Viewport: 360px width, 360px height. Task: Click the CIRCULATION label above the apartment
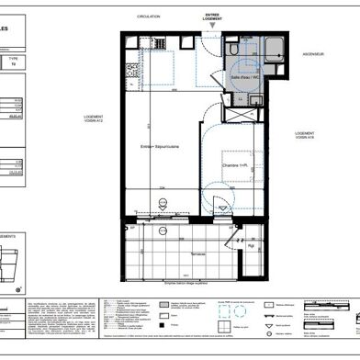[149, 17]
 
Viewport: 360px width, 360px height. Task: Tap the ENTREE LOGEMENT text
[213, 17]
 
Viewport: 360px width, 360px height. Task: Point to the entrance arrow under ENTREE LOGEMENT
[213, 28]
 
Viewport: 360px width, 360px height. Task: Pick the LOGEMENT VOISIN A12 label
[95, 121]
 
